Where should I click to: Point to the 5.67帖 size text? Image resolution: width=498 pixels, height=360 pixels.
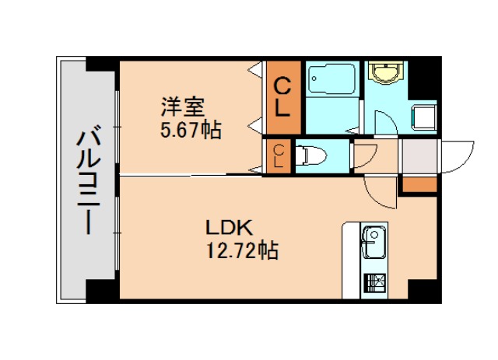point(190,129)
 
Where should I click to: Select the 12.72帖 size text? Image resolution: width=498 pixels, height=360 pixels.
point(242,251)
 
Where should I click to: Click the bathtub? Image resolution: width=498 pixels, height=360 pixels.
point(331,85)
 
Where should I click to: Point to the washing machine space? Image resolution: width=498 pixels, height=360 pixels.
point(424,117)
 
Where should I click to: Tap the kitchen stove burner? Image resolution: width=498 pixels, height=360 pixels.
point(373,282)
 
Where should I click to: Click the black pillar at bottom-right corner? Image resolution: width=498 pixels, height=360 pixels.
point(424,291)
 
